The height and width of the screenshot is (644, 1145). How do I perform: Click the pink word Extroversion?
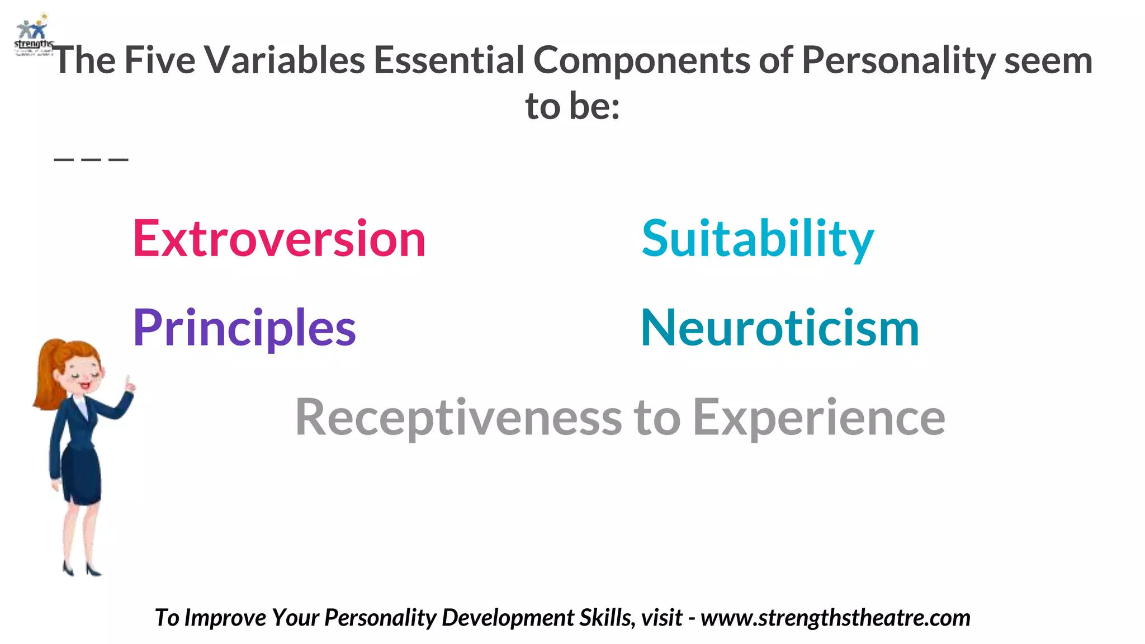[x=279, y=239]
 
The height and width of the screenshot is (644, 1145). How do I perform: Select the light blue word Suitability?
[x=758, y=239]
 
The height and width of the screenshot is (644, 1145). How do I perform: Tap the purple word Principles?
[x=244, y=328]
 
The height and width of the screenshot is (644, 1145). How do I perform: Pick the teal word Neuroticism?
[x=780, y=328]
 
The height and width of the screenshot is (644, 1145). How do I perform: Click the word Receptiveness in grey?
[x=458, y=418]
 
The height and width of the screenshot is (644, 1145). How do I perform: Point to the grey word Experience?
[x=818, y=418]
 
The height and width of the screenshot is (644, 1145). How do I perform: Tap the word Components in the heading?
[x=641, y=60]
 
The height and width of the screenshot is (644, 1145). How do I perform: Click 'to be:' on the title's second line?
[x=572, y=106]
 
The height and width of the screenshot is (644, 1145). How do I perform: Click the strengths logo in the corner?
[x=32, y=35]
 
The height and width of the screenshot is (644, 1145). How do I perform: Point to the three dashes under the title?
[x=91, y=159]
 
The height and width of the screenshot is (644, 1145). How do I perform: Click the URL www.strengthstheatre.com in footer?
[x=835, y=618]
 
